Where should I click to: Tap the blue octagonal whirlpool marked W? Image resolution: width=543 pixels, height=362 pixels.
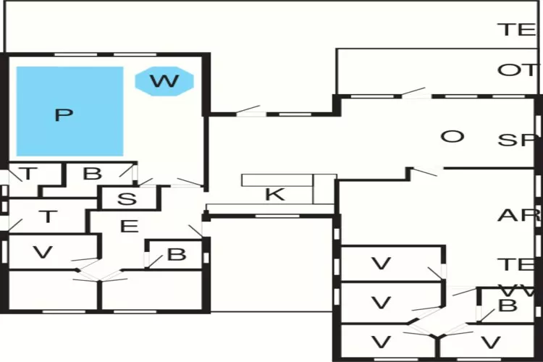point(164,80)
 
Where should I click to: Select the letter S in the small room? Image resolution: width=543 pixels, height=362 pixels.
point(127,198)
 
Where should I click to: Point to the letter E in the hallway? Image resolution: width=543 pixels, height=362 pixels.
point(129,227)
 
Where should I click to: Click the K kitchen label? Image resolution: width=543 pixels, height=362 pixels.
point(274,194)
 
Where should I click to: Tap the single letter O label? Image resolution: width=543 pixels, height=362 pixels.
point(452,137)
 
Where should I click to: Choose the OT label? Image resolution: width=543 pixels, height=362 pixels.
point(516,70)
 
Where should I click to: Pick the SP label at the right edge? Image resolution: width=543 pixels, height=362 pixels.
point(516,140)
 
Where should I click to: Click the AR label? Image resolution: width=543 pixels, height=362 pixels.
point(518,215)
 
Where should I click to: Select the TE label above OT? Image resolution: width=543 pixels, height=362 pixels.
point(516,30)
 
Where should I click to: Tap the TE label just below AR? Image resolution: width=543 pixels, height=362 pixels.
point(516,264)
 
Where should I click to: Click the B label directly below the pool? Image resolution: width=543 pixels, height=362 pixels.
point(92,174)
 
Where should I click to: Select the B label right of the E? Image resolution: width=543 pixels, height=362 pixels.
point(176,254)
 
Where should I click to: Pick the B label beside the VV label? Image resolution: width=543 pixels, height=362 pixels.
point(508,305)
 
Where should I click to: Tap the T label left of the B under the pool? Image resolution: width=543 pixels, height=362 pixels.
point(28,174)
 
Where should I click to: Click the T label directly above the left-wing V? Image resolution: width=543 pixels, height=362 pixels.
point(48,216)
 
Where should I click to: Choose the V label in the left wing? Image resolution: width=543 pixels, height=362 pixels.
point(44,252)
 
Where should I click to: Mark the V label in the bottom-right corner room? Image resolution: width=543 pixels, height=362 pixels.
point(492,342)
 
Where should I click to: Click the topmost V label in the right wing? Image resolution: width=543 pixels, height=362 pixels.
point(381,264)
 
